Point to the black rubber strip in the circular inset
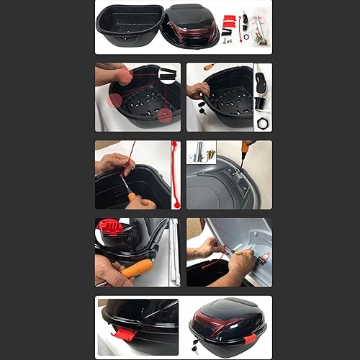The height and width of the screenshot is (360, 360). pos(167,73)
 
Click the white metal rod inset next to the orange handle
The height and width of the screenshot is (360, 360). pos(174,252)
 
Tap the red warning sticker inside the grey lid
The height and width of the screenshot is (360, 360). pos(264,258)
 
